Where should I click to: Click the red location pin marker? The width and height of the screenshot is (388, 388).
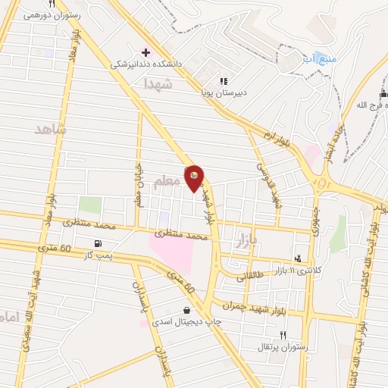click(x=194, y=177)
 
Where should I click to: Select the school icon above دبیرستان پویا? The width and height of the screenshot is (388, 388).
click(x=223, y=81)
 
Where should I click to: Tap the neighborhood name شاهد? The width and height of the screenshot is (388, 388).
click(x=51, y=130)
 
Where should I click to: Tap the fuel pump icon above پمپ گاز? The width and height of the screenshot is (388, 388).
click(x=99, y=244)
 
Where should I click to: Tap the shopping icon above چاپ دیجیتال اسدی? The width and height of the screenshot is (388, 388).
click(x=185, y=309)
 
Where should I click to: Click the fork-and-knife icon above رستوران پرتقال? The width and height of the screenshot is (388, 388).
click(x=283, y=334)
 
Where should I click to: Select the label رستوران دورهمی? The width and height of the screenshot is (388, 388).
click(x=52, y=14)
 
